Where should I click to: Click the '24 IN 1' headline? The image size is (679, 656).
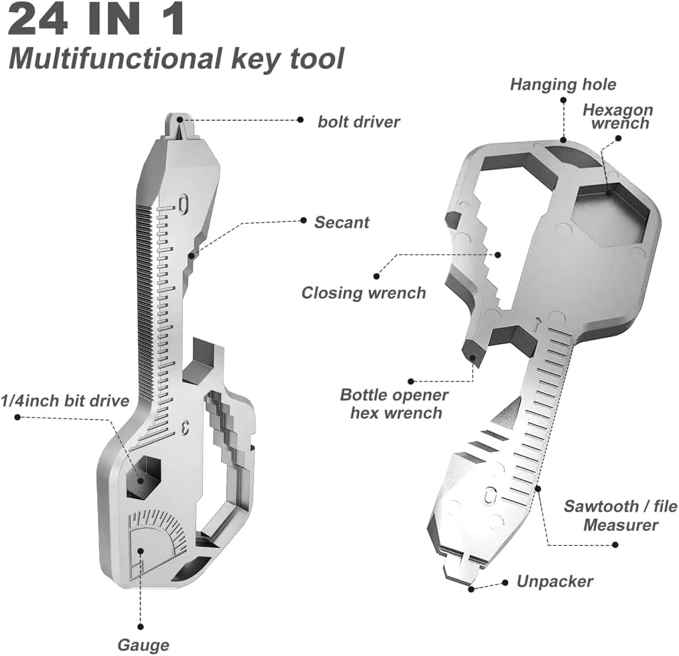click(x=97, y=20)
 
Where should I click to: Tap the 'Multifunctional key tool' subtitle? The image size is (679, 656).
click(x=176, y=60)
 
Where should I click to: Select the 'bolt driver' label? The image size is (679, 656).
click(x=358, y=122)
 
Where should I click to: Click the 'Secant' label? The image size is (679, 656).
click(x=342, y=223)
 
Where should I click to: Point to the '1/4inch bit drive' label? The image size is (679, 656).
click(x=65, y=401)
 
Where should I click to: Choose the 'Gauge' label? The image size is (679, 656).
click(x=143, y=645)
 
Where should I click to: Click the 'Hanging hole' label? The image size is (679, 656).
click(x=563, y=85)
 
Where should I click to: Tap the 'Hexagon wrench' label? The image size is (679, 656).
click(x=618, y=116)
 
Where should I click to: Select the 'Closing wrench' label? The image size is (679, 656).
click(x=363, y=293)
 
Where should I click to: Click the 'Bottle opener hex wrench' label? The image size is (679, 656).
click(x=394, y=404)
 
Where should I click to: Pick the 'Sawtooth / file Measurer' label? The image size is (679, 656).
click(x=620, y=515)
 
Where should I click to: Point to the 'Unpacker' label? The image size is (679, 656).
click(x=555, y=582)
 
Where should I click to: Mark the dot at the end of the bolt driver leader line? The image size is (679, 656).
click(x=300, y=120)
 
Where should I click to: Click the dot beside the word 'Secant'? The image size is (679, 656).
click(x=303, y=220)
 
